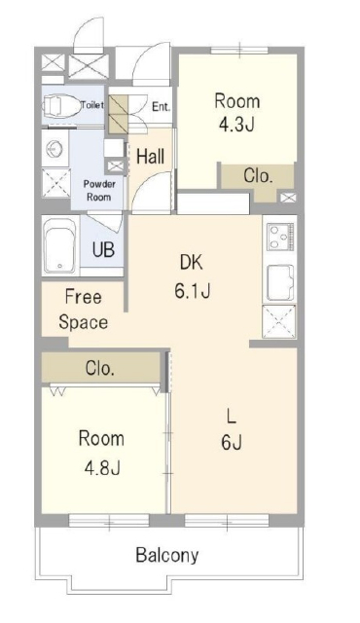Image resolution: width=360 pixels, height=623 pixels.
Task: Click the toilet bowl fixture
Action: tap(60, 105)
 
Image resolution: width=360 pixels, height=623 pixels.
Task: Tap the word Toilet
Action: tap(92, 105)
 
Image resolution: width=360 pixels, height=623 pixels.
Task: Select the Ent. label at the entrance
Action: tap(162, 107)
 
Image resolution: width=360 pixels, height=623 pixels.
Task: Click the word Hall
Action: tap(150, 157)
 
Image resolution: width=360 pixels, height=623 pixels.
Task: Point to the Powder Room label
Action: tap(99, 191)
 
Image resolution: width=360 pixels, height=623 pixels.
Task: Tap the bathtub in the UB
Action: tap(60, 246)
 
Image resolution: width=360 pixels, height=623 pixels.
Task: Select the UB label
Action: tap(103, 250)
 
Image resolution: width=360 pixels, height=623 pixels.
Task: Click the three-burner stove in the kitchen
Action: tap(280, 237)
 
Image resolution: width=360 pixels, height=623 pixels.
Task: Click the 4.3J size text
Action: tap(236, 125)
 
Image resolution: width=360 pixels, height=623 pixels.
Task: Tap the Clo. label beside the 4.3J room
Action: tap(258, 176)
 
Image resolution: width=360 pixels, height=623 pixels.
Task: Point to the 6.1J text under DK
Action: tap(192, 292)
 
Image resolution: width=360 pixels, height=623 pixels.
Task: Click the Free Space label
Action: tap(84, 310)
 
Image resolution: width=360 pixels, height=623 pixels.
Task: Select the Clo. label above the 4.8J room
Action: tap(100, 369)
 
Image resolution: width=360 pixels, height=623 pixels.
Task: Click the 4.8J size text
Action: tap(101, 468)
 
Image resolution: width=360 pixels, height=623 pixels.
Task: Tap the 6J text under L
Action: tap(232, 442)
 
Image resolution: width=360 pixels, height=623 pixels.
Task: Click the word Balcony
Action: tap(167, 556)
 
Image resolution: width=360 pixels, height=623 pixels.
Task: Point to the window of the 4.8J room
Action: tap(109, 520)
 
